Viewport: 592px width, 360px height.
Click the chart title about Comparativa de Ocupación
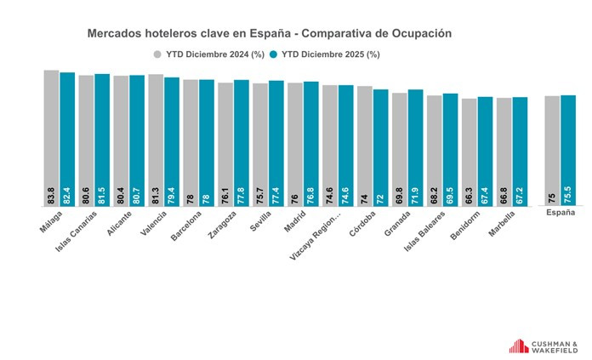(x=269, y=33)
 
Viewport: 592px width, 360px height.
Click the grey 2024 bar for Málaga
(x=51, y=136)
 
